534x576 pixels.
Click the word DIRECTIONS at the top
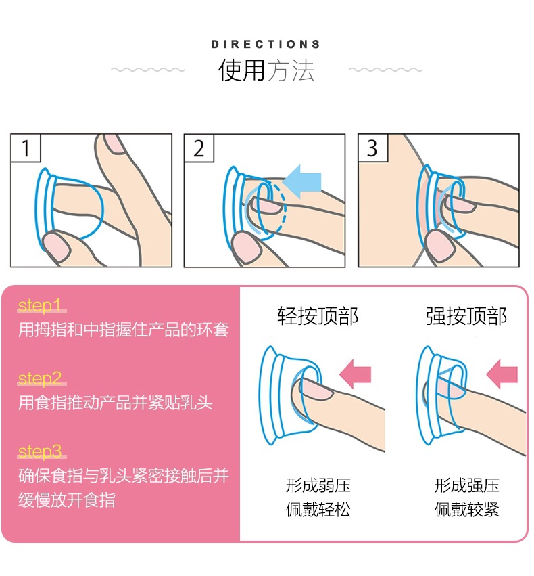click(266, 44)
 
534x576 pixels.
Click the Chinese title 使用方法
click(266, 70)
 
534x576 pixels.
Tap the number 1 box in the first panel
click(25, 148)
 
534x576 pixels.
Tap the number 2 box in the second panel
click(199, 148)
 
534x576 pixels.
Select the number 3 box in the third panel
click(372, 148)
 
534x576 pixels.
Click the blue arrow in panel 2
click(302, 181)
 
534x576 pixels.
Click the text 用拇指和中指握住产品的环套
click(124, 330)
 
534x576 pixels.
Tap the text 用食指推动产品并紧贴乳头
click(116, 403)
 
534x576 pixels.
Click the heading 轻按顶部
click(317, 316)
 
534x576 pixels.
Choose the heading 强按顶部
click(466, 316)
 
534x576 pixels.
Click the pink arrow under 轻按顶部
click(356, 374)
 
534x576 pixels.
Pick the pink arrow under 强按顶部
click(502, 374)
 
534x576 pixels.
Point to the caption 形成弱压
click(318, 485)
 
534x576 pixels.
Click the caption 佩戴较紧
click(466, 510)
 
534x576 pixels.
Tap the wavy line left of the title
click(148, 70)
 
